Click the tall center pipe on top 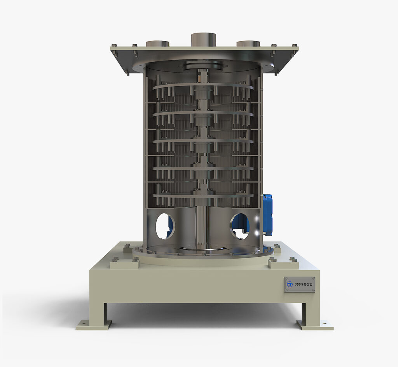click(x=203, y=40)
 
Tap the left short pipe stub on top click(x=157, y=44)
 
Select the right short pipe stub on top click(x=248, y=44)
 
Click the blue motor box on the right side click(x=267, y=215)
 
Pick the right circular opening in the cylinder click(x=240, y=226)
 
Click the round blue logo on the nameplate click(x=290, y=284)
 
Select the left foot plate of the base click(x=94, y=325)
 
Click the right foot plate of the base click(x=315, y=325)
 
